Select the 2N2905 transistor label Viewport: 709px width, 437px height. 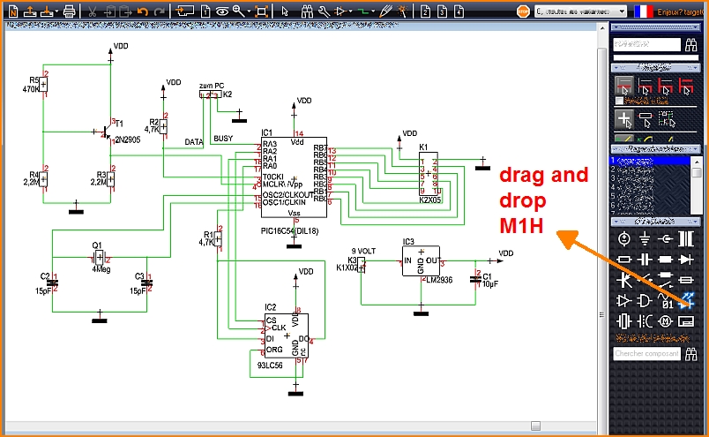(x=127, y=138)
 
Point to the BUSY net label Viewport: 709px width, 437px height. (x=224, y=139)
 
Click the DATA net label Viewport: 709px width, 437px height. (x=194, y=142)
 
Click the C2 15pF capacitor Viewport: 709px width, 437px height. (x=52, y=283)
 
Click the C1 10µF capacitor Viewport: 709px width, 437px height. (x=476, y=279)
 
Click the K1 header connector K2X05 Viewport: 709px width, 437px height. (x=429, y=177)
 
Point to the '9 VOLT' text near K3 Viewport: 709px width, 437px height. (x=364, y=251)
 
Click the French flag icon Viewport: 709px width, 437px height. (x=644, y=11)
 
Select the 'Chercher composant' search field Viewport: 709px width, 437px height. (x=646, y=353)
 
